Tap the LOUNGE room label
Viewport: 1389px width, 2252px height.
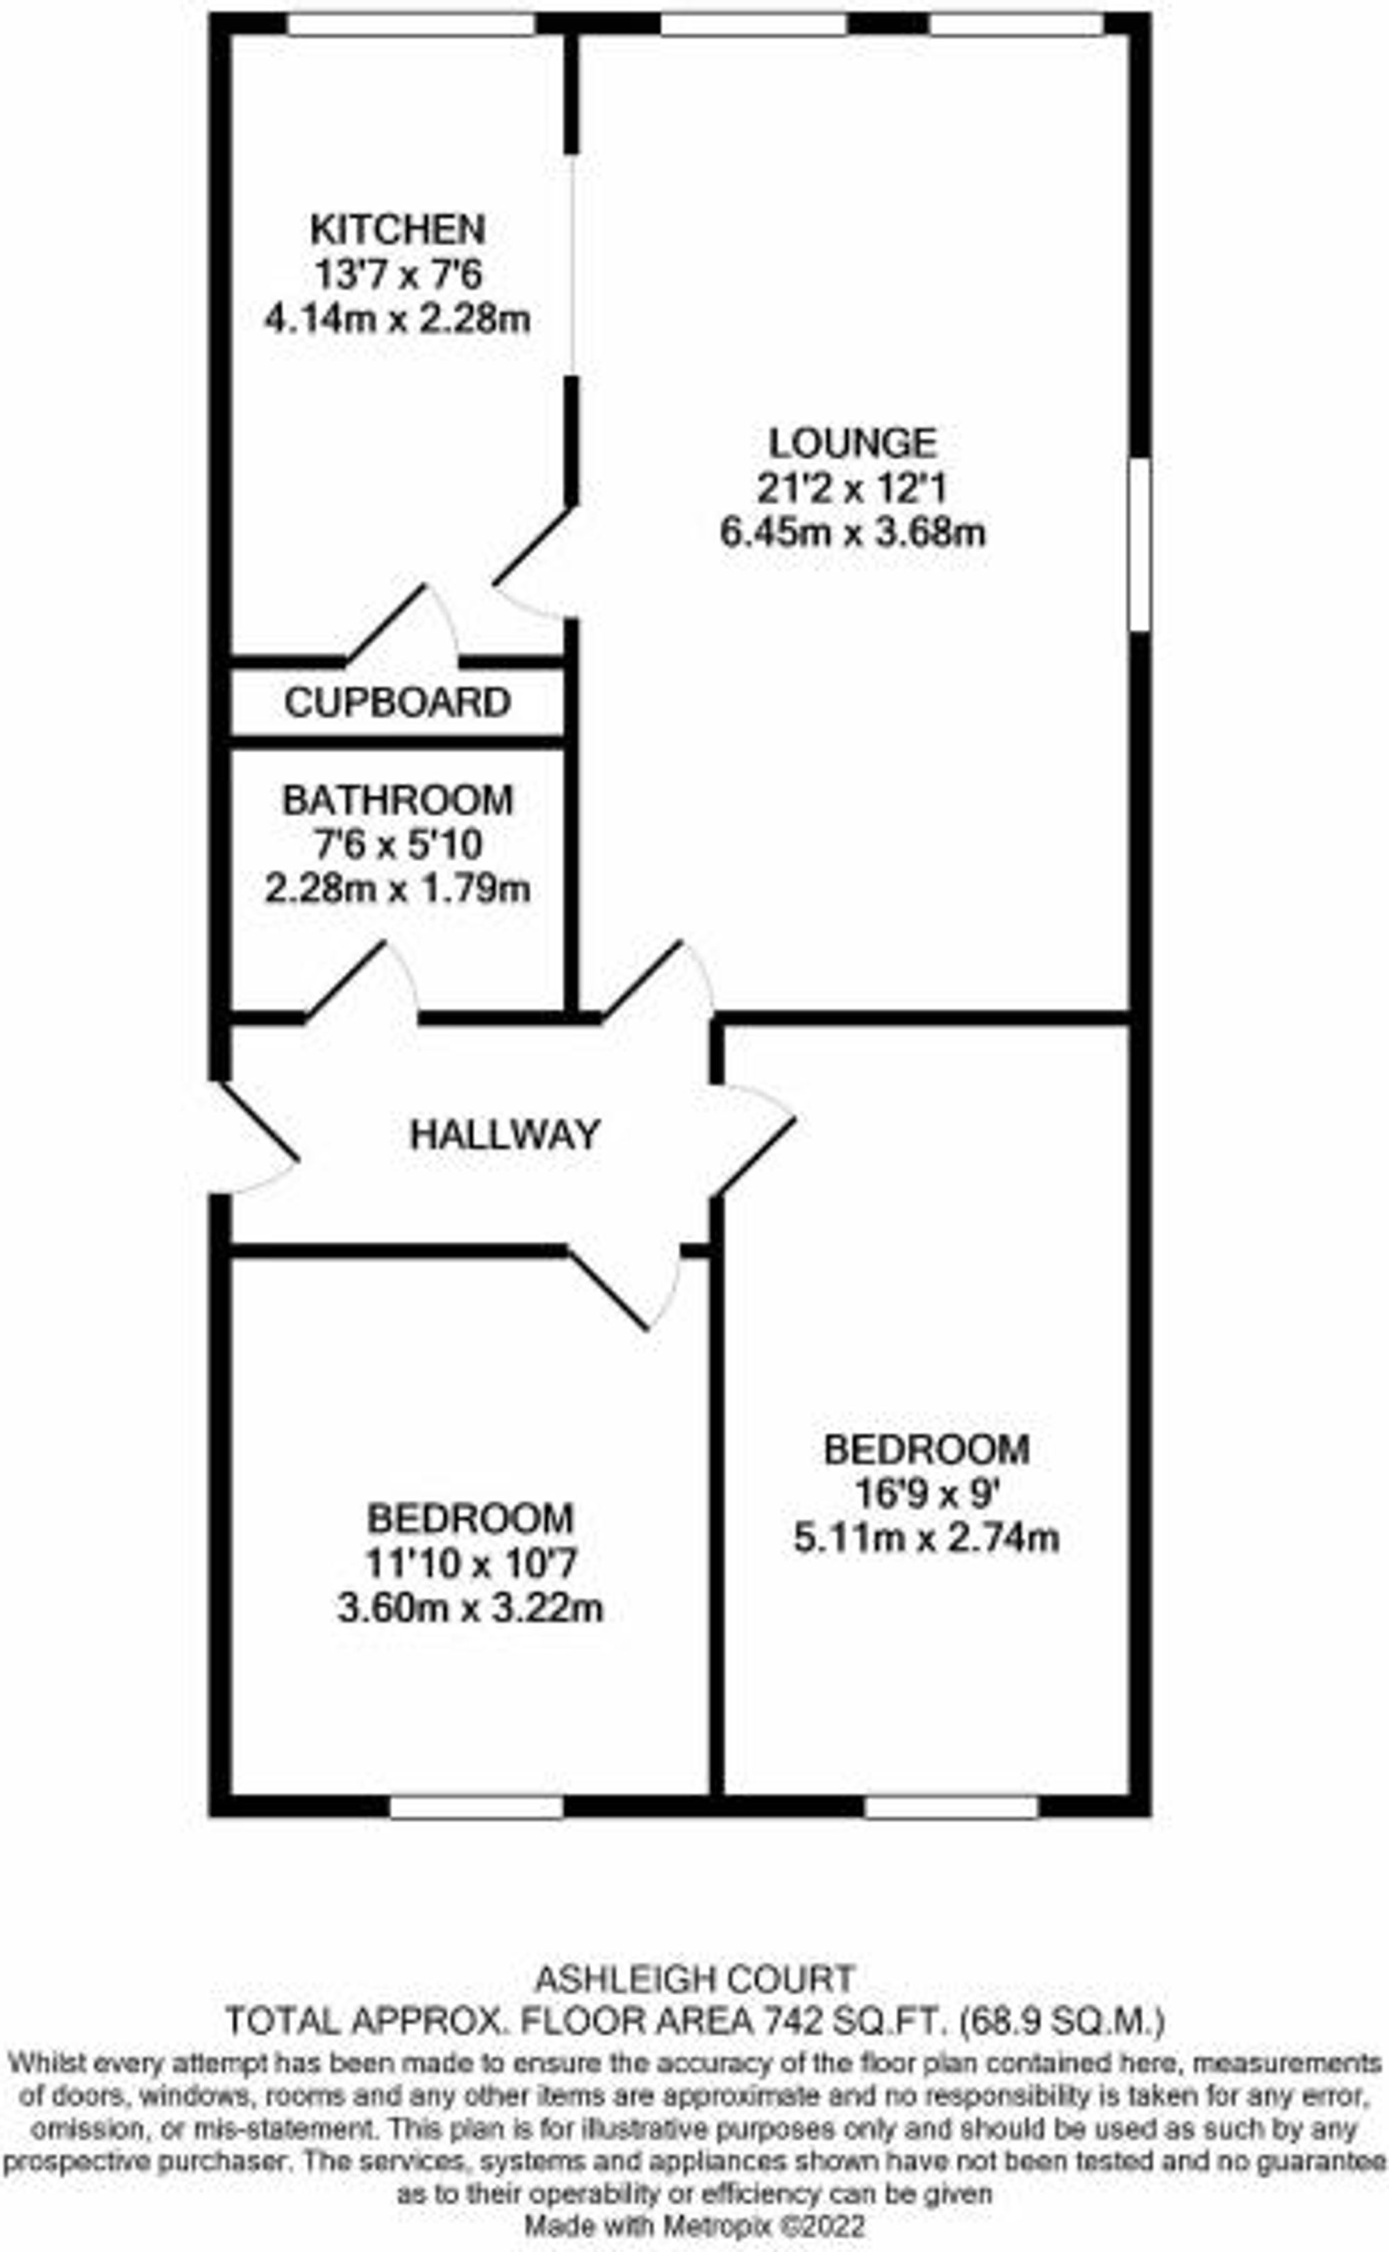click(x=853, y=444)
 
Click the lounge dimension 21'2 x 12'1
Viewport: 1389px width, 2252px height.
click(x=853, y=489)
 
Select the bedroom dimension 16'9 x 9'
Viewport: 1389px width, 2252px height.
click(x=926, y=1494)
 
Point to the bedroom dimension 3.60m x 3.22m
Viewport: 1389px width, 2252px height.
click(x=470, y=1608)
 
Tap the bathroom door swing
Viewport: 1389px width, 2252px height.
click(x=361, y=979)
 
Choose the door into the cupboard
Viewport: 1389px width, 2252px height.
click(x=401, y=623)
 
